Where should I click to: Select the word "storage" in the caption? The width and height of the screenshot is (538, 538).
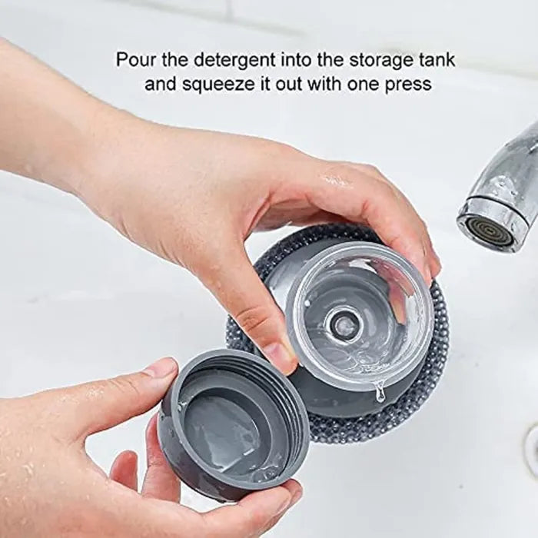(x=379, y=61)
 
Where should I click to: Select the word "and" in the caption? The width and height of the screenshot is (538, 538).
(x=160, y=84)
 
